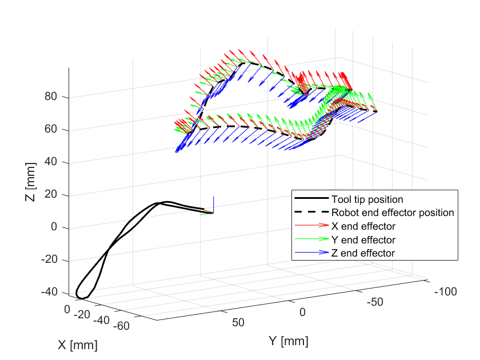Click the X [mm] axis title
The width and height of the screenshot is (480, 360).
click(x=77, y=345)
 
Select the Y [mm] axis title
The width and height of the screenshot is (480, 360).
click(x=289, y=342)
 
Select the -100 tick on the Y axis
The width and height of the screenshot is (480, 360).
click(x=445, y=292)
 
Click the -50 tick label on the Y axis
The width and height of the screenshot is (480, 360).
click(x=376, y=301)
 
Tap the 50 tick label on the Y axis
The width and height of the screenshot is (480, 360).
click(x=239, y=322)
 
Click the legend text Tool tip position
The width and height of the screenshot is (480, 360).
click(x=367, y=199)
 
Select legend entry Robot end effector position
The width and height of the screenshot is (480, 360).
click(x=393, y=213)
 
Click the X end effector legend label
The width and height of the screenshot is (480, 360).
click(x=363, y=226)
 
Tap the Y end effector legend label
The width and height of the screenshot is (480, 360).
click(x=363, y=239)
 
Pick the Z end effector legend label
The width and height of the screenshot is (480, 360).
click(x=363, y=253)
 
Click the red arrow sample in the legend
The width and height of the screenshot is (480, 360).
click(x=311, y=226)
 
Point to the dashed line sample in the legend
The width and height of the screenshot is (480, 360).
click(x=311, y=213)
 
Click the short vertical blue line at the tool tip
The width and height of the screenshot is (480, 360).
click(x=214, y=204)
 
